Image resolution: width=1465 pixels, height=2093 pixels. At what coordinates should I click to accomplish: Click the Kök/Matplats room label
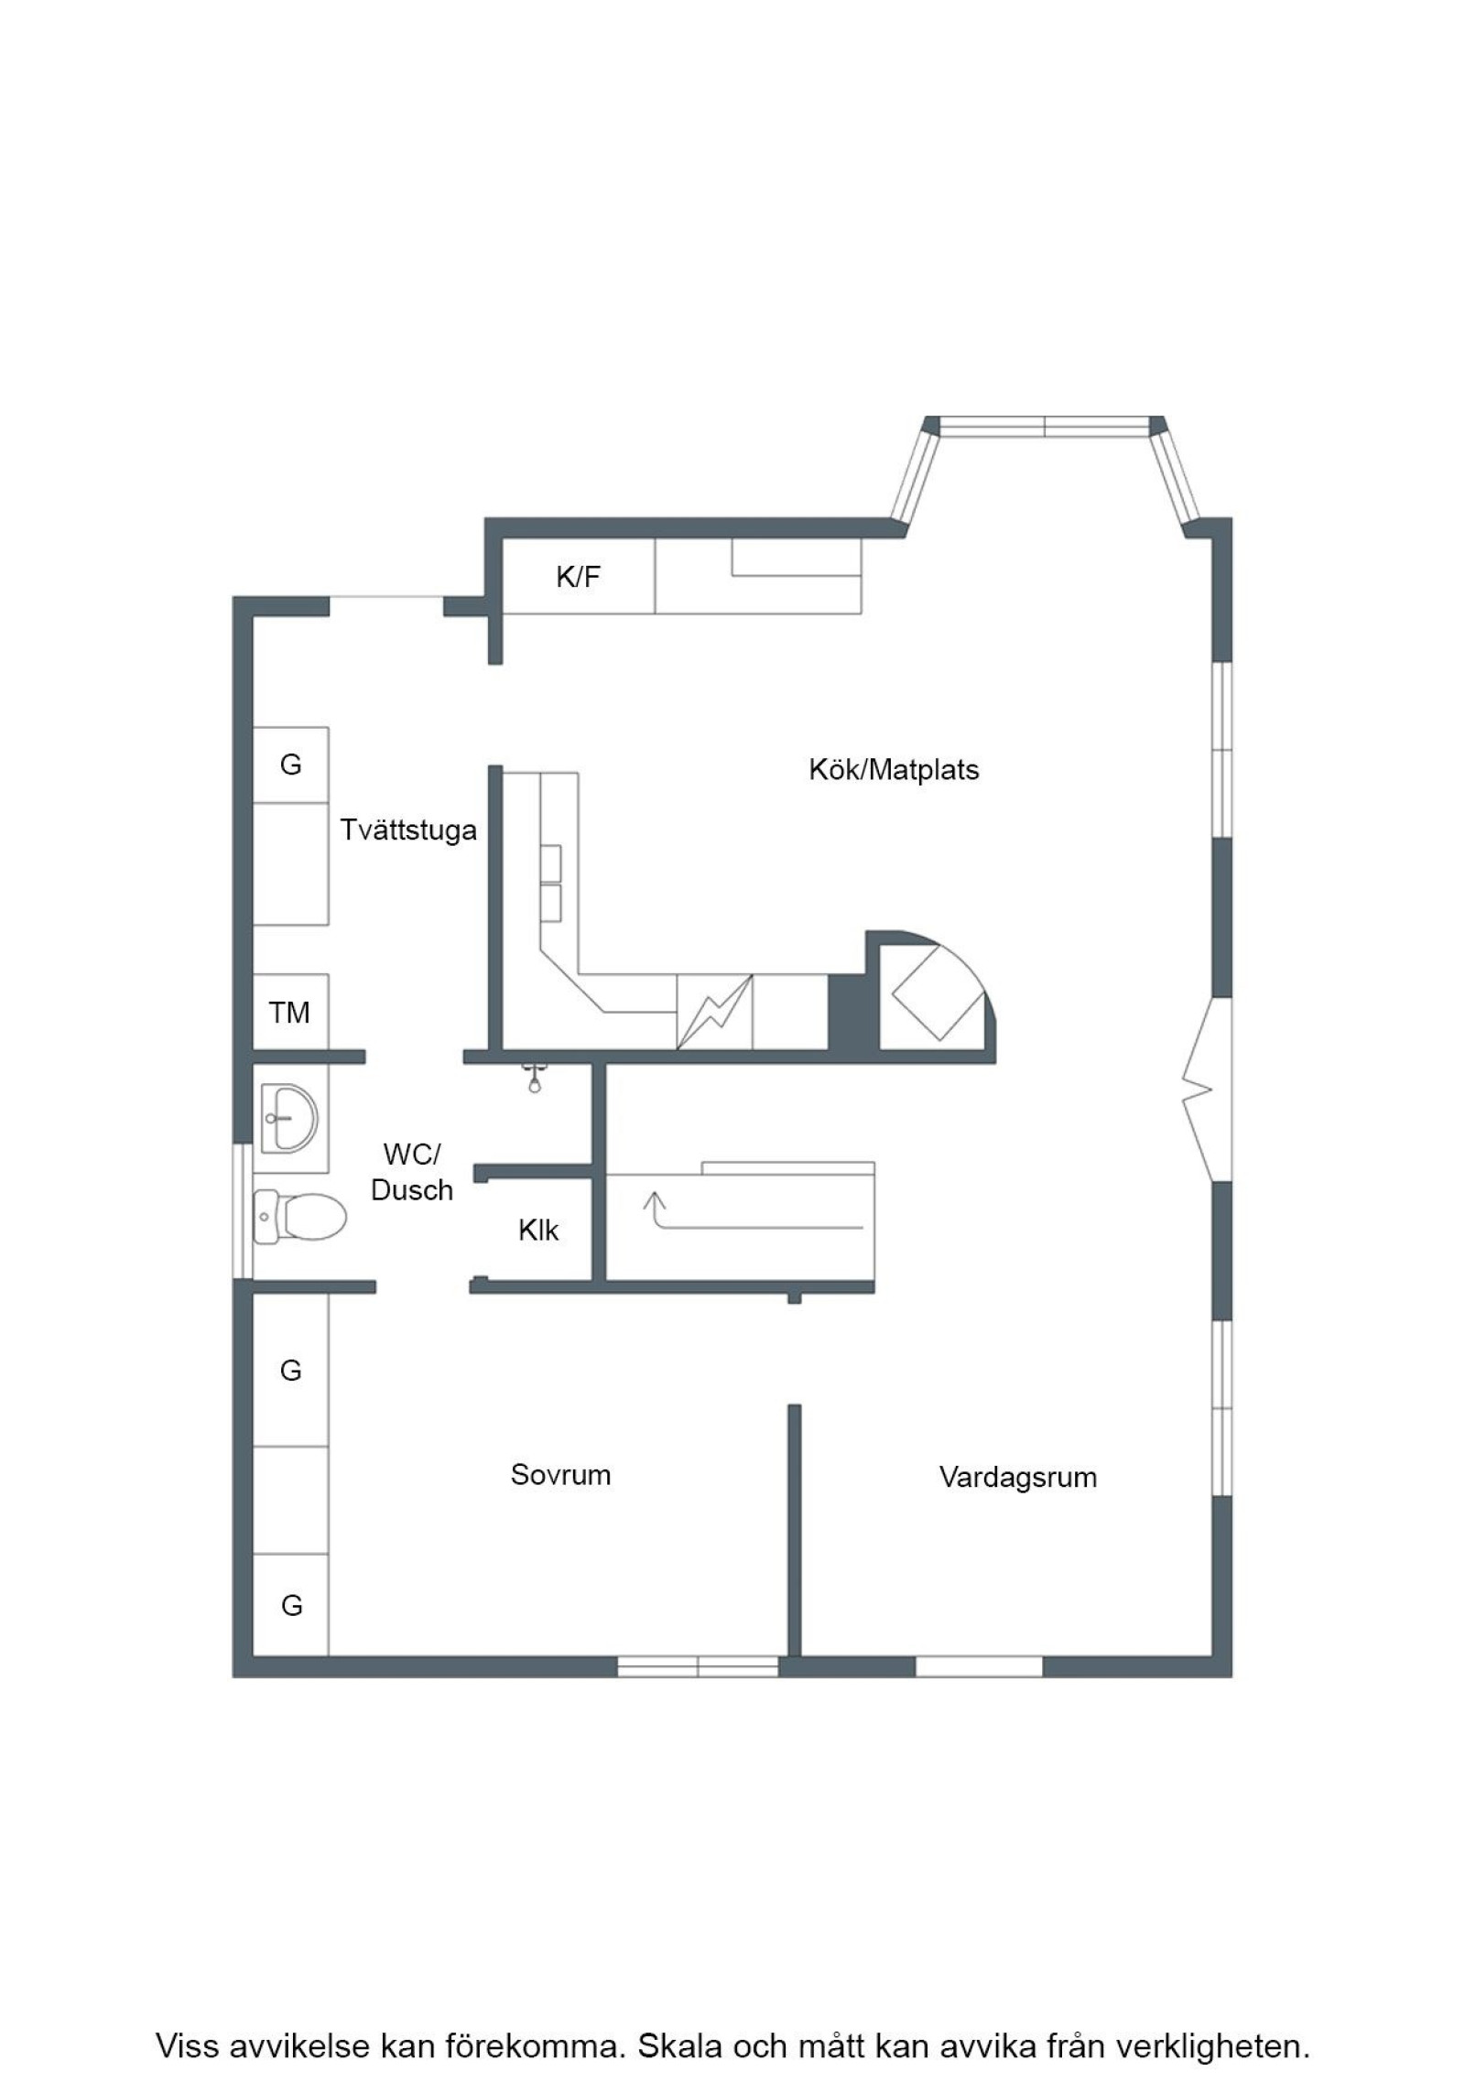[893, 770]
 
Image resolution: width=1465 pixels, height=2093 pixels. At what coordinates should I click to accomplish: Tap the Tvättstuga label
[408, 830]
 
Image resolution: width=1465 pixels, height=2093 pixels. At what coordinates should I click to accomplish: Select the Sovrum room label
[560, 1474]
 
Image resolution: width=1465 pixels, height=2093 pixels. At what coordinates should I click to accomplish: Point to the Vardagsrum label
[1017, 1477]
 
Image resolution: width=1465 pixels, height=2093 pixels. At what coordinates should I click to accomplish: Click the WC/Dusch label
[411, 1172]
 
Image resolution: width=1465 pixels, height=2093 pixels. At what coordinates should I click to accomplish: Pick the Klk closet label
[538, 1230]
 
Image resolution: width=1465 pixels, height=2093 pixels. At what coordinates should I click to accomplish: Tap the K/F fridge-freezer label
[578, 577]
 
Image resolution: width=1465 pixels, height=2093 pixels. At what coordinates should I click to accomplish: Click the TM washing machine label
[289, 1013]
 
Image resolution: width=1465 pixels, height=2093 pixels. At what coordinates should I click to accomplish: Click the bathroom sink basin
[289, 1118]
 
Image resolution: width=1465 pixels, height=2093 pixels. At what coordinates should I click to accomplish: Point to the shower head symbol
[535, 1079]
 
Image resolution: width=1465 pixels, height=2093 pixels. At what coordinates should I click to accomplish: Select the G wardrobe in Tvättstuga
[290, 765]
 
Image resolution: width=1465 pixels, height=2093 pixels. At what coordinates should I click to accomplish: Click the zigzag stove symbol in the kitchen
[714, 1012]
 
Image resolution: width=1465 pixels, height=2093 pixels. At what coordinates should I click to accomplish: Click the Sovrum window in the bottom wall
[698, 1666]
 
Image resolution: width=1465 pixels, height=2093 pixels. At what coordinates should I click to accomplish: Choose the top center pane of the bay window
[1044, 427]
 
